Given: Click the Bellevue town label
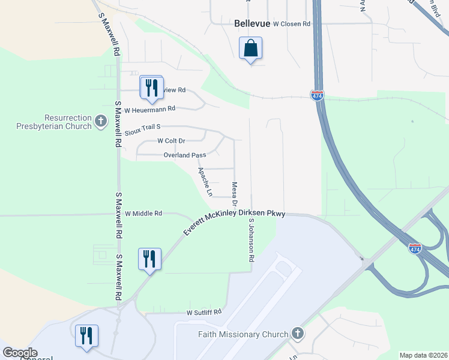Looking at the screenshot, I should [x=251, y=23].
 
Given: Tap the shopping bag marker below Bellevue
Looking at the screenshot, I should [x=250, y=48].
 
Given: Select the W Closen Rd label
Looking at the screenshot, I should [x=291, y=24].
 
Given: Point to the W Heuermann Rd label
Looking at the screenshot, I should [x=149, y=109].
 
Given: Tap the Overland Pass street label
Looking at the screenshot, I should [x=185, y=155].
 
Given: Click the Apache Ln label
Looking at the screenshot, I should [x=205, y=182].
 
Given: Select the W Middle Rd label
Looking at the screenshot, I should [x=143, y=213].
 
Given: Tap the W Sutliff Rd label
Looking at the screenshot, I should [x=204, y=313].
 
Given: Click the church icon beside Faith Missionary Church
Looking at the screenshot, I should [x=297, y=334].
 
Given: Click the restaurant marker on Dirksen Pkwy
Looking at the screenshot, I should [x=149, y=259].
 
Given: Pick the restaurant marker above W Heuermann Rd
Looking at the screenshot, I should [x=151, y=88].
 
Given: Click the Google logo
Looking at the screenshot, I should [x=20, y=353].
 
